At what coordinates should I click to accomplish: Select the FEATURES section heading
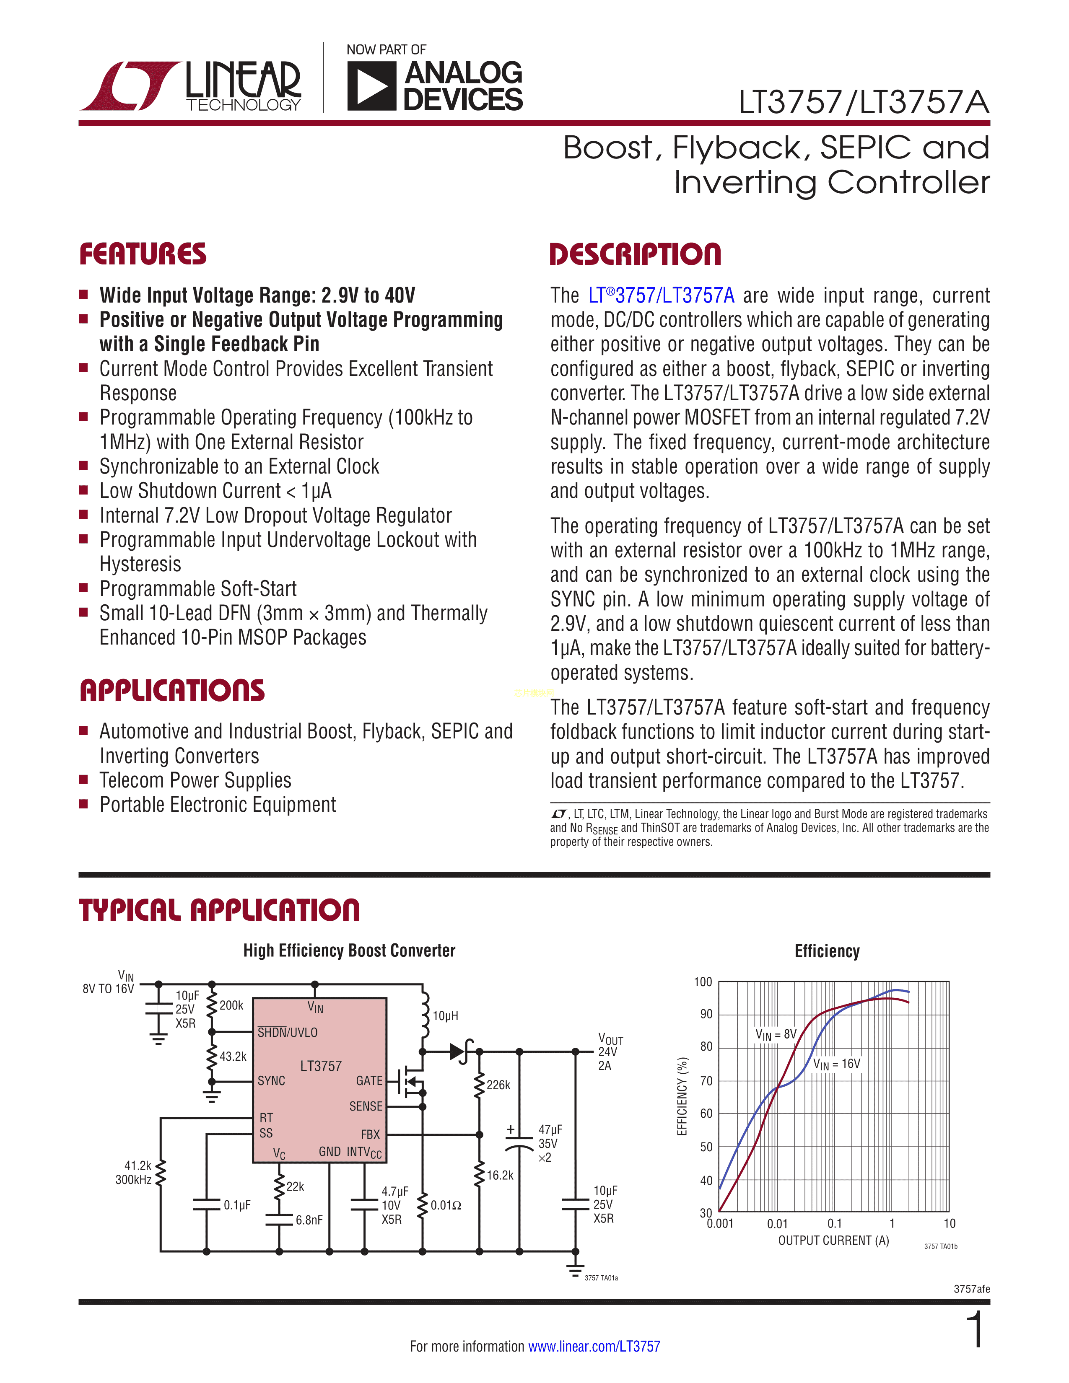143,254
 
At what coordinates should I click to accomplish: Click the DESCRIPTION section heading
635,254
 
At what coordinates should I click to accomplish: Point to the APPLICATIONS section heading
172,690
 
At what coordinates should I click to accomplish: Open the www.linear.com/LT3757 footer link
594,1346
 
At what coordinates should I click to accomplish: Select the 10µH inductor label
445,1016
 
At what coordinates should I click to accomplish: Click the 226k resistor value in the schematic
498,1085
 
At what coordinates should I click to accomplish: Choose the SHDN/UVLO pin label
288,1032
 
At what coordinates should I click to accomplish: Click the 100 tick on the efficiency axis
703,982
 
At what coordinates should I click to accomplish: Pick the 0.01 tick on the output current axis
777,1223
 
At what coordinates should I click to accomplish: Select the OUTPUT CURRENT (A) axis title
833,1241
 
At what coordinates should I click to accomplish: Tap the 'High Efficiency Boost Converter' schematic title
349,950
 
